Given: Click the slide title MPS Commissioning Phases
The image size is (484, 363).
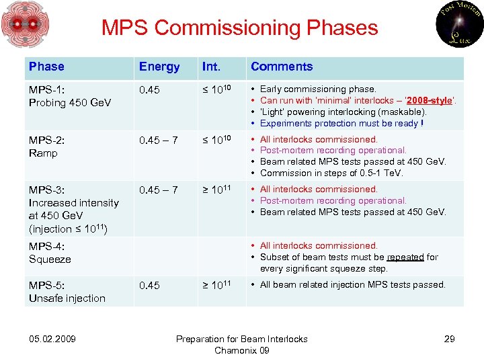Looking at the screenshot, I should pos(239,28).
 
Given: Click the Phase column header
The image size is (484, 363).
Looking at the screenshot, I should pos(46,67).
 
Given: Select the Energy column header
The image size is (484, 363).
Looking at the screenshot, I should pos(159,67).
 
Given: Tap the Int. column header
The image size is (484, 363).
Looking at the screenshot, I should pos(212,67).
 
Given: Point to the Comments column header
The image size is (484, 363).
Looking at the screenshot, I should pos(282,67).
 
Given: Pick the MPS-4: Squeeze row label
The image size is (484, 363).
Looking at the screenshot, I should pos(50,253).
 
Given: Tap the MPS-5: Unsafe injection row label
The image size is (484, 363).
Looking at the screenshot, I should pos(67,292).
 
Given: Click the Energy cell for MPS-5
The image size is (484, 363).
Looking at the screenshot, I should pos(149,286).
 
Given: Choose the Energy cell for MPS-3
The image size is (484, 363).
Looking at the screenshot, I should pos(159,190).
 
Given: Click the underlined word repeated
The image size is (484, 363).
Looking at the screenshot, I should pos(405,257).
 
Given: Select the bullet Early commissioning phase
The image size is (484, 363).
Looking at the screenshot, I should pos(318,89).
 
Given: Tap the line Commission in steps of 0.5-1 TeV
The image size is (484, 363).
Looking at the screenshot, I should pos(332,173).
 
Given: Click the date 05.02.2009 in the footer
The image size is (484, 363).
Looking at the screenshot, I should pos(52,339).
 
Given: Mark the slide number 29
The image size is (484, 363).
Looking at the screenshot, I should pos(449,339).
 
